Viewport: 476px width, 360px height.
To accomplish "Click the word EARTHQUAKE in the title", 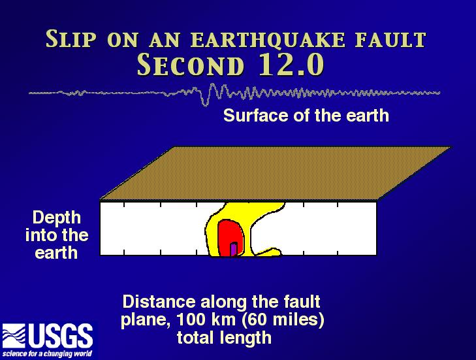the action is (x=268, y=40).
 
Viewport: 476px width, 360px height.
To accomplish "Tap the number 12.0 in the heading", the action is (x=291, y=65).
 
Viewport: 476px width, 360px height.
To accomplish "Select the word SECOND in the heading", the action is (x=191, y=65).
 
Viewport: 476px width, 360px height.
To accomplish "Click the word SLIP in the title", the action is (x=71, y=39).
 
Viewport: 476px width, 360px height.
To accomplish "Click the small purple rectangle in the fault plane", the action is (x=234, y=249).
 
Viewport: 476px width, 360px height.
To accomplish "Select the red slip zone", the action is (x=230, y=238).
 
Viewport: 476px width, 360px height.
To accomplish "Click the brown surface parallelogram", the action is (x=276, y=174).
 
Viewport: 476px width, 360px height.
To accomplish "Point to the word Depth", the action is (x=57, y=218).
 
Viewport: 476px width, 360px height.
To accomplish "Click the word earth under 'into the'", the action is (x=56, y=253).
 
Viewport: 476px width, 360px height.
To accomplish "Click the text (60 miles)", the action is (x=283, y=319).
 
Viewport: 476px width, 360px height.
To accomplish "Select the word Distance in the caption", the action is (x=159, y=302).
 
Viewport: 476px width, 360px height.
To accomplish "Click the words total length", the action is (x=224, y=338).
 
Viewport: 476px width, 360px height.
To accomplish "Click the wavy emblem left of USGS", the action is (x=14, y=336).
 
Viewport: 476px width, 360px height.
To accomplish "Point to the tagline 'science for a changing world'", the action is (x=47, y=353).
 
